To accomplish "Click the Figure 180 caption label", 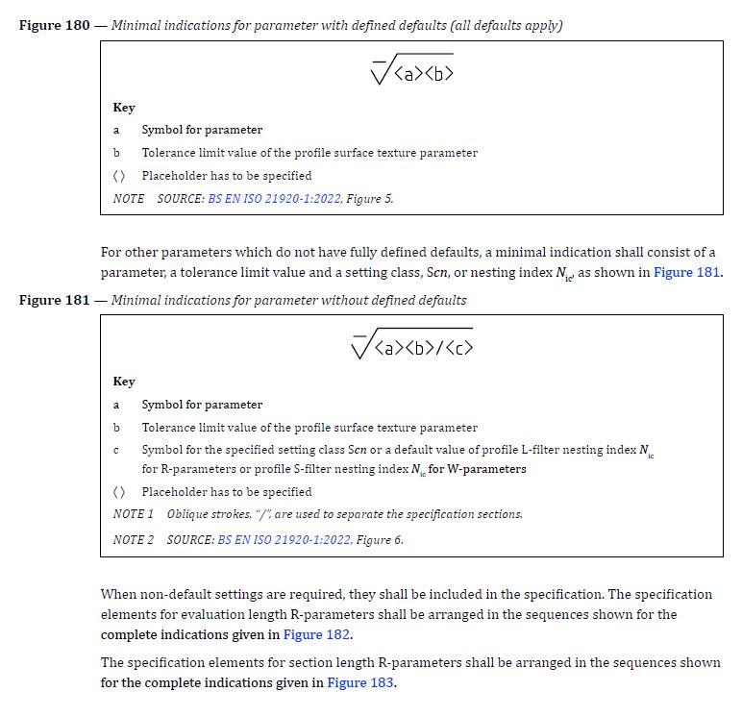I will coord(54,25).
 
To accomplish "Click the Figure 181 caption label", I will coord(54,300).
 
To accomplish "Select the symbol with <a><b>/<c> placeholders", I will coord(411,343).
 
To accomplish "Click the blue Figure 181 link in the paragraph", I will coord(686,272).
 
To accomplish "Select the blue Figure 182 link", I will coord(316,635).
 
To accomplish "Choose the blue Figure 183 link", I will coord(360,682).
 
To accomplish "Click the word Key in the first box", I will coord(124,108).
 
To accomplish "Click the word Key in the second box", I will coord(124,382).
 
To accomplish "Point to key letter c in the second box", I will coord(116,450).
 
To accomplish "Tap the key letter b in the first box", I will coord(116,153).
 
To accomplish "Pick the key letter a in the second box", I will coord(116,405).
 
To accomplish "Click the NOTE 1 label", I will coord(134,514).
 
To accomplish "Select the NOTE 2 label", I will coord(134,540).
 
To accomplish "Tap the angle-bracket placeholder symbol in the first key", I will coord(118,176).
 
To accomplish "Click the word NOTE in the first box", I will coord(129,199).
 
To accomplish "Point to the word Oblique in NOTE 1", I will coord(188,514).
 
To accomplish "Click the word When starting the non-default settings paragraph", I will coord(118,595).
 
